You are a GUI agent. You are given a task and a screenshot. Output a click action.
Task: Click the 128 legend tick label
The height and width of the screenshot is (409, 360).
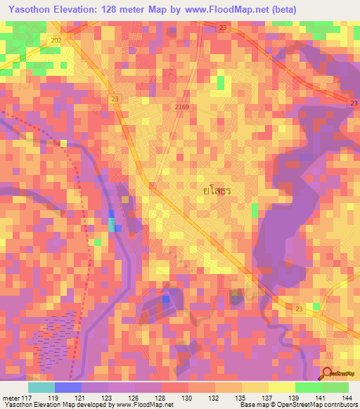click(161, 398)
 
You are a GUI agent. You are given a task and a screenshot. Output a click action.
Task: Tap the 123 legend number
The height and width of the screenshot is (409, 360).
click(108, 398)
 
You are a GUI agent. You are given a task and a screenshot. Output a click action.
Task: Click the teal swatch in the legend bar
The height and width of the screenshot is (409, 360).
click(41, 387)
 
